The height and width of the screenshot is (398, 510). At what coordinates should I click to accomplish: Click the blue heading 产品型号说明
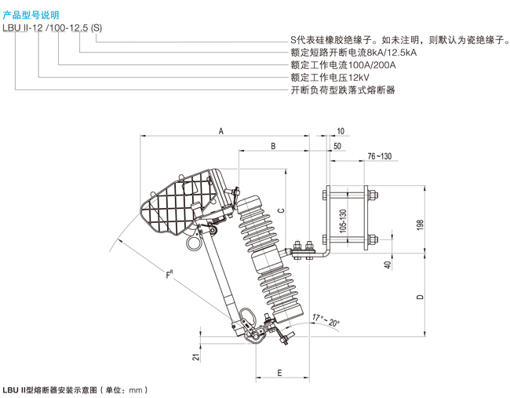[31, 15]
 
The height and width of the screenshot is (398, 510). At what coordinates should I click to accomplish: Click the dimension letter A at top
[221, 131]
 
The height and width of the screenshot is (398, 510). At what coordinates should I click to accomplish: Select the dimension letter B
[273, 146]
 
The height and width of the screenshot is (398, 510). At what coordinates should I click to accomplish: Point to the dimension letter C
[282, 210]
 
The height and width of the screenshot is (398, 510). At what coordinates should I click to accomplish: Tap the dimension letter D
[421, 297]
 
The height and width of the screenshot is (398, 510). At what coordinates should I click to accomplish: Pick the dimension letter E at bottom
[280, 373]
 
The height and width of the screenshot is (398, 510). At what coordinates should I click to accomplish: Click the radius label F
[169, 274]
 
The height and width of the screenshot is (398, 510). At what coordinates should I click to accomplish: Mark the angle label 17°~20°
[326, 320]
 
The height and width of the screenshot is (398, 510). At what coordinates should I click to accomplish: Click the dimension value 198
[420, 225]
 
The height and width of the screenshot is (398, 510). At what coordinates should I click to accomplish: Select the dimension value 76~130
[380, 156]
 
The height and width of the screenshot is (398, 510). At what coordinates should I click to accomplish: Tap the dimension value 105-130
[343, 221]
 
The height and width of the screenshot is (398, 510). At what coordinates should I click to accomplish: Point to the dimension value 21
[196, 357]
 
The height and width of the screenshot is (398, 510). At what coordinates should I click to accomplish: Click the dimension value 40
[388, 265]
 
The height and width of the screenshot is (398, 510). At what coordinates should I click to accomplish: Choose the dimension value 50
[337, 146]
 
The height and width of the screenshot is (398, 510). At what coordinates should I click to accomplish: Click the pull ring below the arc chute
[195, 243]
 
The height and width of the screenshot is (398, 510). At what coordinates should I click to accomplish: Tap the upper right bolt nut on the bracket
[373, 195]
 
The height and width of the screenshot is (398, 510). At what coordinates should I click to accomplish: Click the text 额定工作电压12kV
[330, 78]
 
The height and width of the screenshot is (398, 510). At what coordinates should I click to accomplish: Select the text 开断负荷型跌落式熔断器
[343, 89]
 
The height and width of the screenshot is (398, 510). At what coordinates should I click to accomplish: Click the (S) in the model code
[97, 28]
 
